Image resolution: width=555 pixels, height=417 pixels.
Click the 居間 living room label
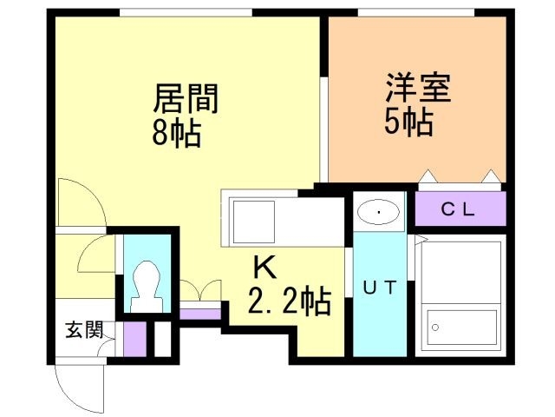185,97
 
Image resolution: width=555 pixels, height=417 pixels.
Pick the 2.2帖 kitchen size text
289,301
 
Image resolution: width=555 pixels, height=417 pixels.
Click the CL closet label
460,208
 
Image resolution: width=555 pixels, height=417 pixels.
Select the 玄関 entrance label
85,330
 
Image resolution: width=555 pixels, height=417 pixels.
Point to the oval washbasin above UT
379,210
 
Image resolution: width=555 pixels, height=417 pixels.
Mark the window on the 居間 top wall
186,11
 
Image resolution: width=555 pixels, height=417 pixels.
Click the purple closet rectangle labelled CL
460,208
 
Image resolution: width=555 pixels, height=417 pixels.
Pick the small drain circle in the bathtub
436,328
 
